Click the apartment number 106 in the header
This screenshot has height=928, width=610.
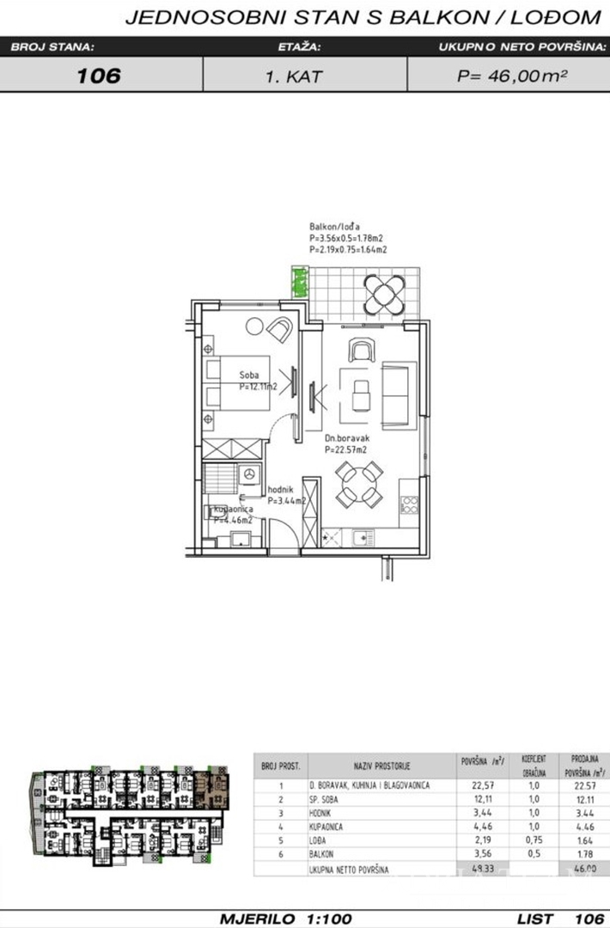pos(99,76)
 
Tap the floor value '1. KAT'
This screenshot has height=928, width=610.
pos(294,76)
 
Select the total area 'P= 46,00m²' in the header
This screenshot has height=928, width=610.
pos(512,76)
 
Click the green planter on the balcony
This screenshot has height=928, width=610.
pos(301,282)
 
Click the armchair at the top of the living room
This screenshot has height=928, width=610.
pos(362,349)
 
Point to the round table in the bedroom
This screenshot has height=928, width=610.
pos(254,326)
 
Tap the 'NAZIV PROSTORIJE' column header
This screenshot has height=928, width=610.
pos(381,764)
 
